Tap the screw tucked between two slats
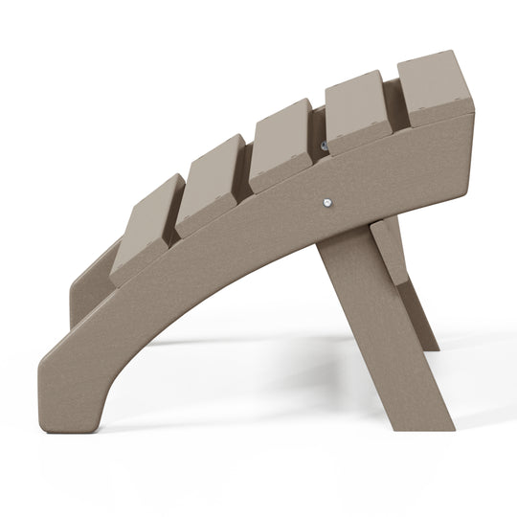point(324,146)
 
